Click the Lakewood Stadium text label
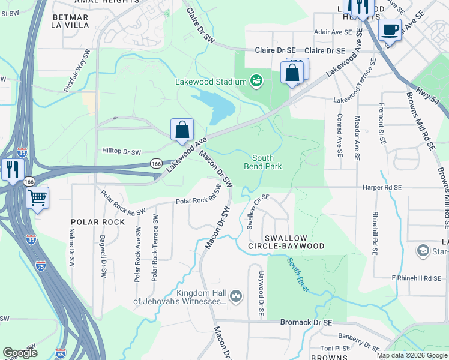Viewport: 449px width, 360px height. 211,82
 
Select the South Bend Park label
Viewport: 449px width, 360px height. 262,162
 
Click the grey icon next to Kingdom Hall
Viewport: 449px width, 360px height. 236,296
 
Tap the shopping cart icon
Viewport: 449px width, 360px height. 37,197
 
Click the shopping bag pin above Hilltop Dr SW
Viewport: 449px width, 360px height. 182,130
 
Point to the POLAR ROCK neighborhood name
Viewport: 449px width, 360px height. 98,222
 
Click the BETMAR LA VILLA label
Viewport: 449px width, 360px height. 70,22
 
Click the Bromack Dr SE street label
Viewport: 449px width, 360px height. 306,322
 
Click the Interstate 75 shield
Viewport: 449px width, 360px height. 40,265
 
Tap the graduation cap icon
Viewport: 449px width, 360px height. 423,251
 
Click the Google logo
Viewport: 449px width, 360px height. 20,353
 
